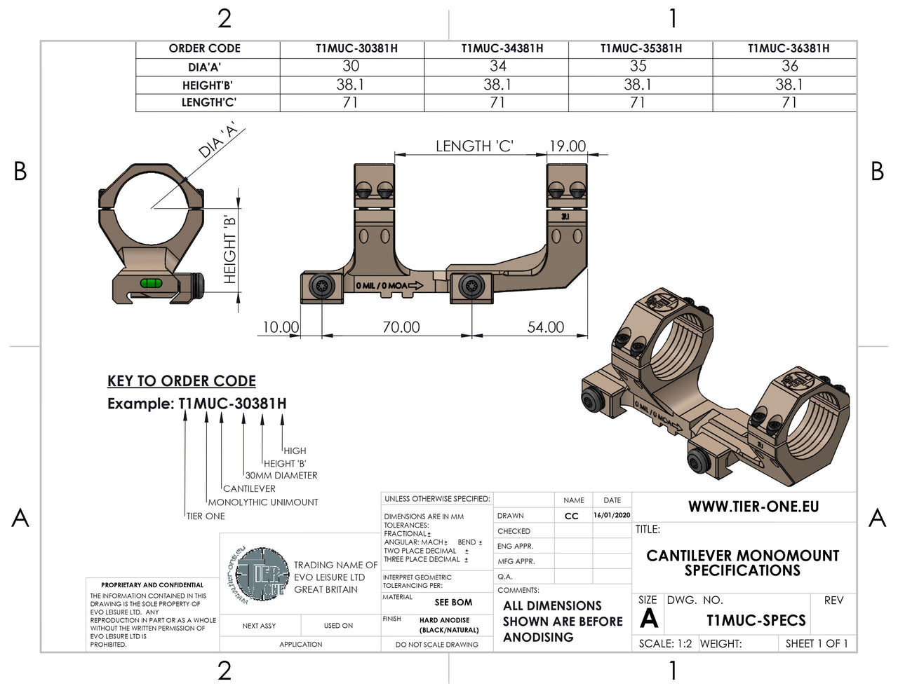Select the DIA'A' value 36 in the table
coord(789,67)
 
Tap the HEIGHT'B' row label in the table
coord(207,85)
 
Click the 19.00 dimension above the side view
coord(567,146)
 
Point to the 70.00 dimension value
coord(401,327)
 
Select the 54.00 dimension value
coord(545,327)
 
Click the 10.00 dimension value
coord(281,327)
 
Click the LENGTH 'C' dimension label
coord(474,146)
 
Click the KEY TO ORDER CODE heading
coord(181,381)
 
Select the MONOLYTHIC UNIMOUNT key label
coord(263,502)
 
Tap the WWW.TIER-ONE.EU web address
coord(753,507)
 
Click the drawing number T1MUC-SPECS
coord(756,621)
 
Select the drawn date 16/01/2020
coord(612,515)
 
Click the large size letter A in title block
coord(649,619)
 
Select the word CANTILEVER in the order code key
coord(249,488)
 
